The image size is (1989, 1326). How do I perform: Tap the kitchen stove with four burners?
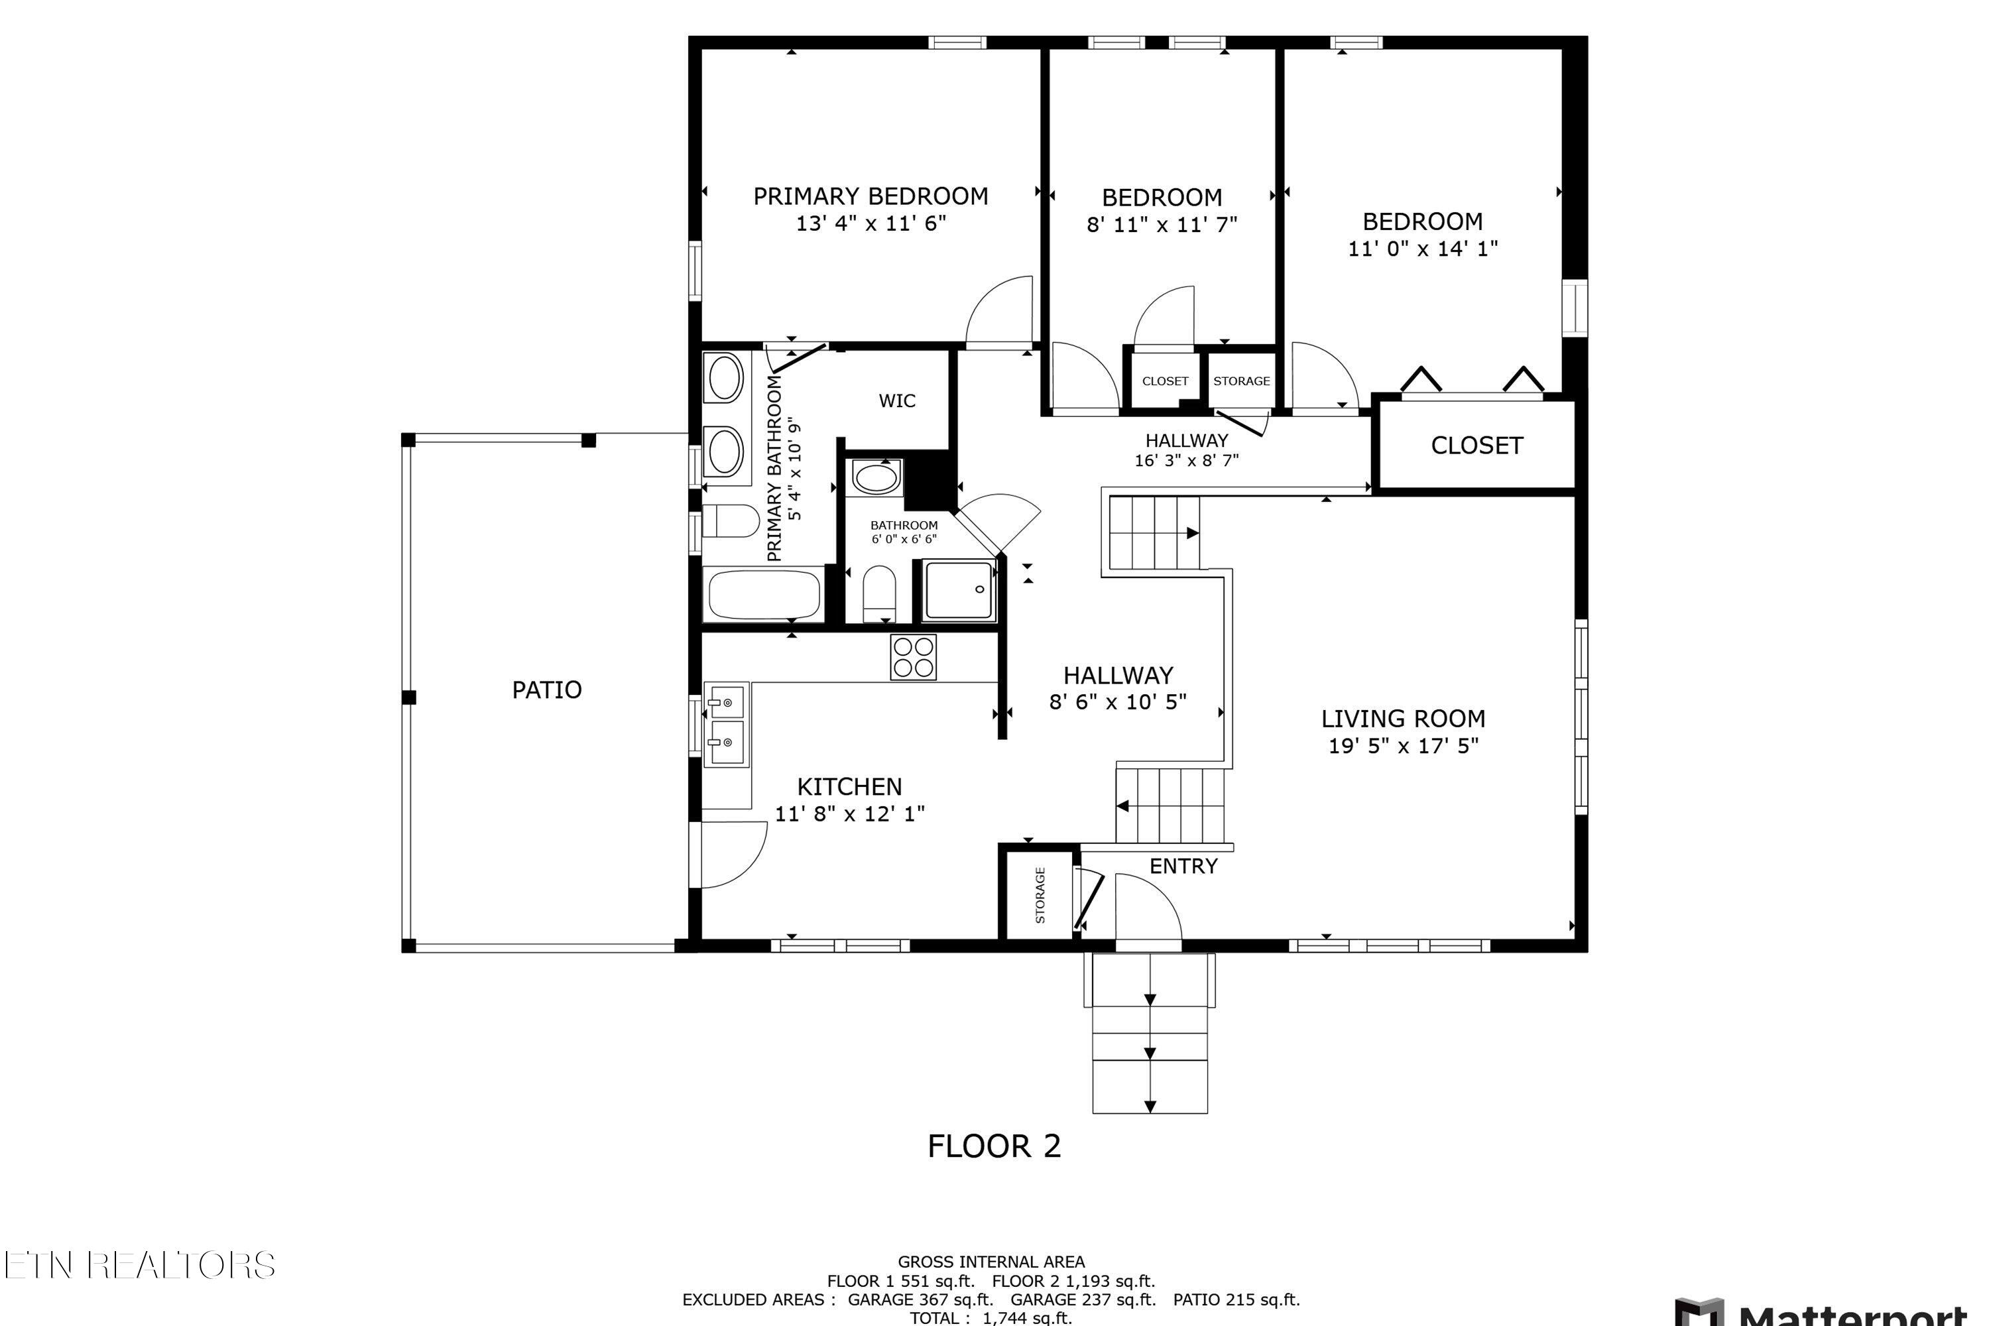(914, 656)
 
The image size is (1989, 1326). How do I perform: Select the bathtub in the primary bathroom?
(764, 595)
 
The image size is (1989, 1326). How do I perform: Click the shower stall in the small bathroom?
(959, 589)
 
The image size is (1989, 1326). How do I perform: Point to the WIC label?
(896, 401)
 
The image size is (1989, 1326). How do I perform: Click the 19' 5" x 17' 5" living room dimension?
(1403, 746)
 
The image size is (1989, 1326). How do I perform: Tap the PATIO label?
(546, 690)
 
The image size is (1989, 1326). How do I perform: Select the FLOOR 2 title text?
(994, 1146)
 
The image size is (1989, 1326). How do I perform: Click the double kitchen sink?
(727, 725)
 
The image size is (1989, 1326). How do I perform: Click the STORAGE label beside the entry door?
(1040, 894)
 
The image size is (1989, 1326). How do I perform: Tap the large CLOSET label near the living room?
(1476, 446)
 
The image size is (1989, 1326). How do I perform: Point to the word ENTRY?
(1183, 866)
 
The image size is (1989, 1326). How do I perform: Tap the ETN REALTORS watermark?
(139, 1265)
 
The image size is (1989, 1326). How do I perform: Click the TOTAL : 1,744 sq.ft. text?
(991, 1317)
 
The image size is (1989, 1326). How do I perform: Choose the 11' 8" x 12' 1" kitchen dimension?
(849, 814)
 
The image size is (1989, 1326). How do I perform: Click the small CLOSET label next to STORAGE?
(1164, 381)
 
